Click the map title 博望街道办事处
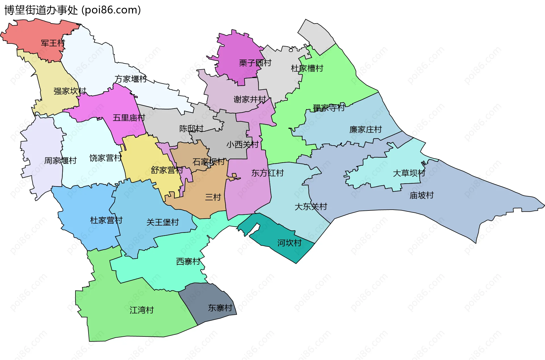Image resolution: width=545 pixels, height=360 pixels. point(41,10)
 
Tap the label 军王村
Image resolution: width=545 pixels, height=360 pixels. point(53,43)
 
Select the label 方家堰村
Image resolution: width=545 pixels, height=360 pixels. point(131,79)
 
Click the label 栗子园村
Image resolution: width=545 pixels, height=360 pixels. point(255,63)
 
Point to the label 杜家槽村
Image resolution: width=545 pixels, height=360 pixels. point(307,68)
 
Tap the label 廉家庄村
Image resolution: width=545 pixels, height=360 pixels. point(365,130)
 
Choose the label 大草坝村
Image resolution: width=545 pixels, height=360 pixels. point(409,173)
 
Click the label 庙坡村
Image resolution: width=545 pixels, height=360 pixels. point(421,195)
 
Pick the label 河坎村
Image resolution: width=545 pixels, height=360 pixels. point(289,243)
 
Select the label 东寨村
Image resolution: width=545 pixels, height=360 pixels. point(220,308)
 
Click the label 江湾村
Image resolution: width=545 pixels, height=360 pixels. point(141,310)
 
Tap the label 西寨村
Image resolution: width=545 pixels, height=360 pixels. point(188,261)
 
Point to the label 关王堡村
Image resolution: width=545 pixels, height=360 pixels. point(162,222)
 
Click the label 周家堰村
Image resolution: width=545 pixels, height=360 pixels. point(60,161)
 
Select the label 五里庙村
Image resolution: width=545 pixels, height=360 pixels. point(129,118)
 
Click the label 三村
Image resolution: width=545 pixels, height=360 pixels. point(213,197)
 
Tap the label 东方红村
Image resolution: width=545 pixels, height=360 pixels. point(267,173)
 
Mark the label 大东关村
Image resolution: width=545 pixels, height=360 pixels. point(311,207)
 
